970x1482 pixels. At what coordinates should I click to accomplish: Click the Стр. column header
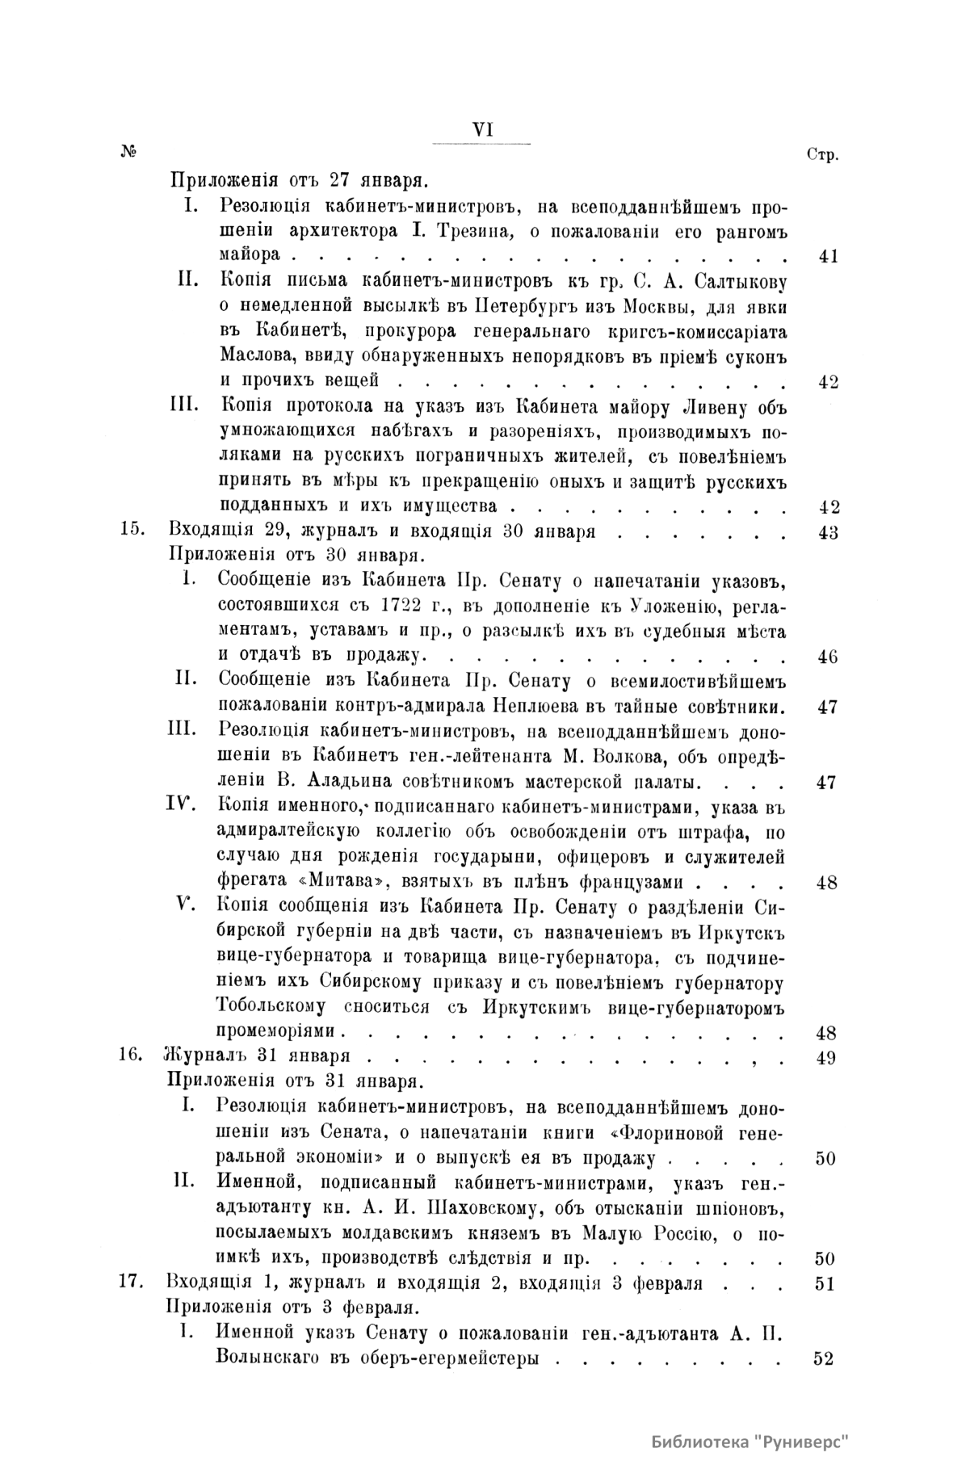coord(823,155)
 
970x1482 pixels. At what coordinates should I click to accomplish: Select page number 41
coord(828,257)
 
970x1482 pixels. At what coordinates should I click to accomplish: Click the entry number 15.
coord(131,532)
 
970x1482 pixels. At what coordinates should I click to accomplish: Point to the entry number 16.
coord(131,1057)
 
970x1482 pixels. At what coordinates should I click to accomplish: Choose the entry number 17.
coord(131,1283)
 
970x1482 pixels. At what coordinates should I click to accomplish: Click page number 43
coord(828,533)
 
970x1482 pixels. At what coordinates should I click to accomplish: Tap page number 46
coord(827,656)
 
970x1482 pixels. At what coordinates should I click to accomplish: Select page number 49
coord(826,1058)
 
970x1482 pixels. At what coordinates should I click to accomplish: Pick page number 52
coord(825,1359)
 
